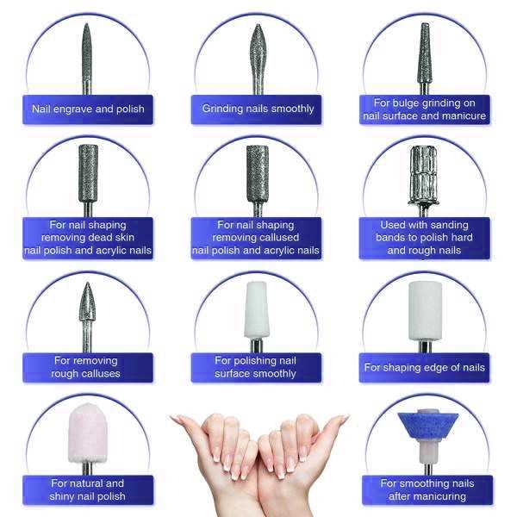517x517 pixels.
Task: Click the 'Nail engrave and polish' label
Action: click(x=89, y=109)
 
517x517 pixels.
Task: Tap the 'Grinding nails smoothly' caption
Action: click(x=258, y=109)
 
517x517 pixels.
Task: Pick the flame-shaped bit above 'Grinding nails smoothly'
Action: click(x=258, y=52)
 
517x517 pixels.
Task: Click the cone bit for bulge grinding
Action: click(x=425, y=47)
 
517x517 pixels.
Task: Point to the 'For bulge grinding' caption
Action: click(x=425, y=109)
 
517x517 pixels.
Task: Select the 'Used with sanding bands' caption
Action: click(x=425, y=238)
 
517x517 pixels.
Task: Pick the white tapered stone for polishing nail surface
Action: click(x=257, y=310)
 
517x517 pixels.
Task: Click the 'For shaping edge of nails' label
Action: click(x=425, y=367)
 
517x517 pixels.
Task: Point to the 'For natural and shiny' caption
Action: click(x=89, y=489)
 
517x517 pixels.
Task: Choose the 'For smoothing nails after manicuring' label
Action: click(x=425, y=489)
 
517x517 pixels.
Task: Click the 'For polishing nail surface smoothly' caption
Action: click(x=257, y=367)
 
